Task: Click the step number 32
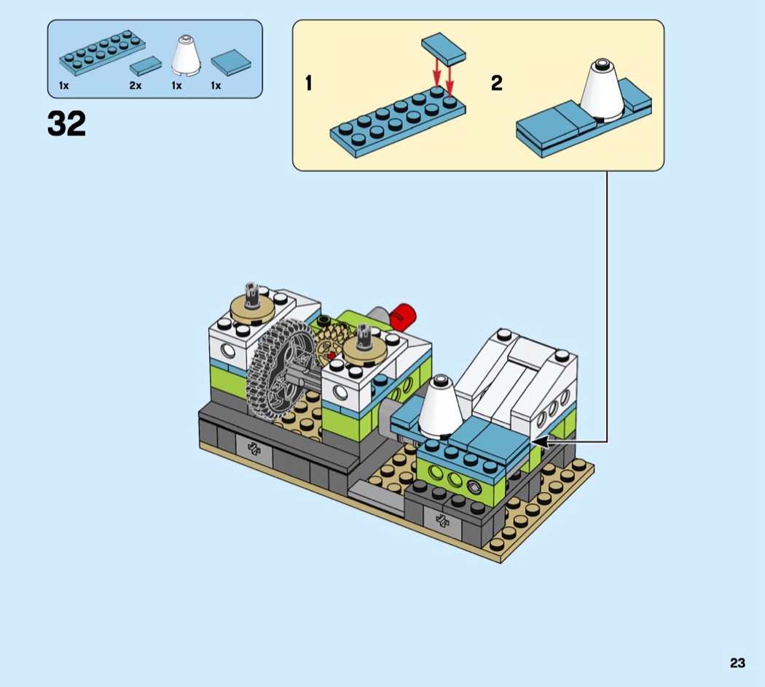[66, 124]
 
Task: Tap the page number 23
[737, 663]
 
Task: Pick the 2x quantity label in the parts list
[136, 86]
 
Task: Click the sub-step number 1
[309, 84]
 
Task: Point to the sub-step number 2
[496, 84]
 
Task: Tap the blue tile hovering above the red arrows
[444, 49]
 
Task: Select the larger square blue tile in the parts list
[230, 63]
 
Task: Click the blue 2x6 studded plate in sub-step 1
[397, 121]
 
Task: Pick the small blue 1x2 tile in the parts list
[146, 67]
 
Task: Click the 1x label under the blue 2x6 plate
[64, 86]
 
